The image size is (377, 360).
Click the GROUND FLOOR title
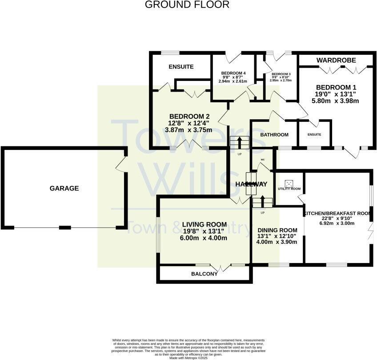[x=187, y=5]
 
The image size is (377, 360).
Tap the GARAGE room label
[x=64, y=188]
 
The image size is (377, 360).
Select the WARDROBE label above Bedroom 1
[x=335, y=60]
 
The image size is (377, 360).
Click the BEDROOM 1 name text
[x=336, y=87]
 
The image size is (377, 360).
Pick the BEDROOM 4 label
[x=233, y=73]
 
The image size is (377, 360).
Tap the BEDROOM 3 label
[x=281, y=74]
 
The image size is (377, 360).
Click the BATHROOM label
[x=274, y=134]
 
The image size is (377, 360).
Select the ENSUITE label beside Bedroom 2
[x=181, y=67]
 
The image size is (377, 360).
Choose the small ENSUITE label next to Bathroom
[x=314, y=134]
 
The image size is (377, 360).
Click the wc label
[x=263, y=159]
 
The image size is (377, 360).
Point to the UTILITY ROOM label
[x=289, y=189]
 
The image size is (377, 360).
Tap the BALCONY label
[x=204, y=274]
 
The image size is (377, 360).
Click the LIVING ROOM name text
[x=205, y=224]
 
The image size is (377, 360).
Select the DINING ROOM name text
[x=277, y=229]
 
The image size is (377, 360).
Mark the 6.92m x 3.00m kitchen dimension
[x=337, y=223]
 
